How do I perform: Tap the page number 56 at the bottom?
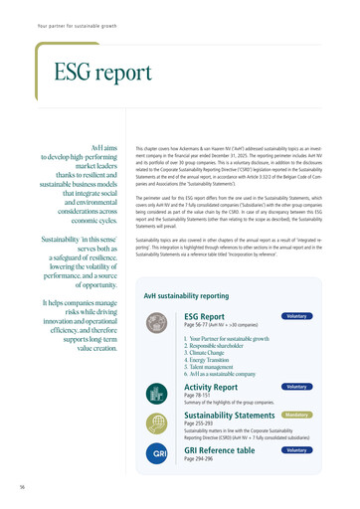click(21, 487)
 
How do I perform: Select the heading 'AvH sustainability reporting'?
click(187, 268)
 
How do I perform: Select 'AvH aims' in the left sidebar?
click(104, 146)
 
